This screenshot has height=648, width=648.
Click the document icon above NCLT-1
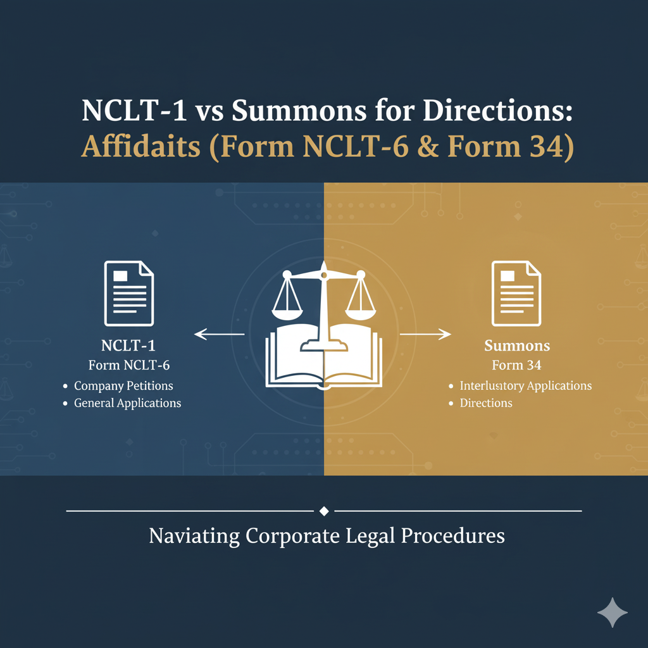pyautogui.click(x=129, y=294)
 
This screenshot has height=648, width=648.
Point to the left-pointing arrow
pyautogui.click(x=219, y=333)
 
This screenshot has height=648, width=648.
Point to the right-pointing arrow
pyautogui.click(x=426, y=333)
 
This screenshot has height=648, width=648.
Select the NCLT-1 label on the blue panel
pyautogui.click(x=128, y=346)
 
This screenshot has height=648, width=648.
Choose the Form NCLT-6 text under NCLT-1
pyautogui.click(x=128, y=365)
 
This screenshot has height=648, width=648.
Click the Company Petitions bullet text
pyautogui.click(x=123, y=385)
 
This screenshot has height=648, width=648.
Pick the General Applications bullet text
pyautogui.click(x=127, y=403)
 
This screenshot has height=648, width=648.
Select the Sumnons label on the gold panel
pyautogui.click(x=517, y=346)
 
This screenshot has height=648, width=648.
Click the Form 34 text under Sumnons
pyautogui.click(x=516, y=365)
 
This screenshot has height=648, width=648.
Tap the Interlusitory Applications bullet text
pyautogui.click(x=525, y=385)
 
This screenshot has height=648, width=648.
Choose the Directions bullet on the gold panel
pyautogui.click(x=486, y=403)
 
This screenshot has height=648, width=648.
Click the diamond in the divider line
pyautogui.click(x=324, y=511)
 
